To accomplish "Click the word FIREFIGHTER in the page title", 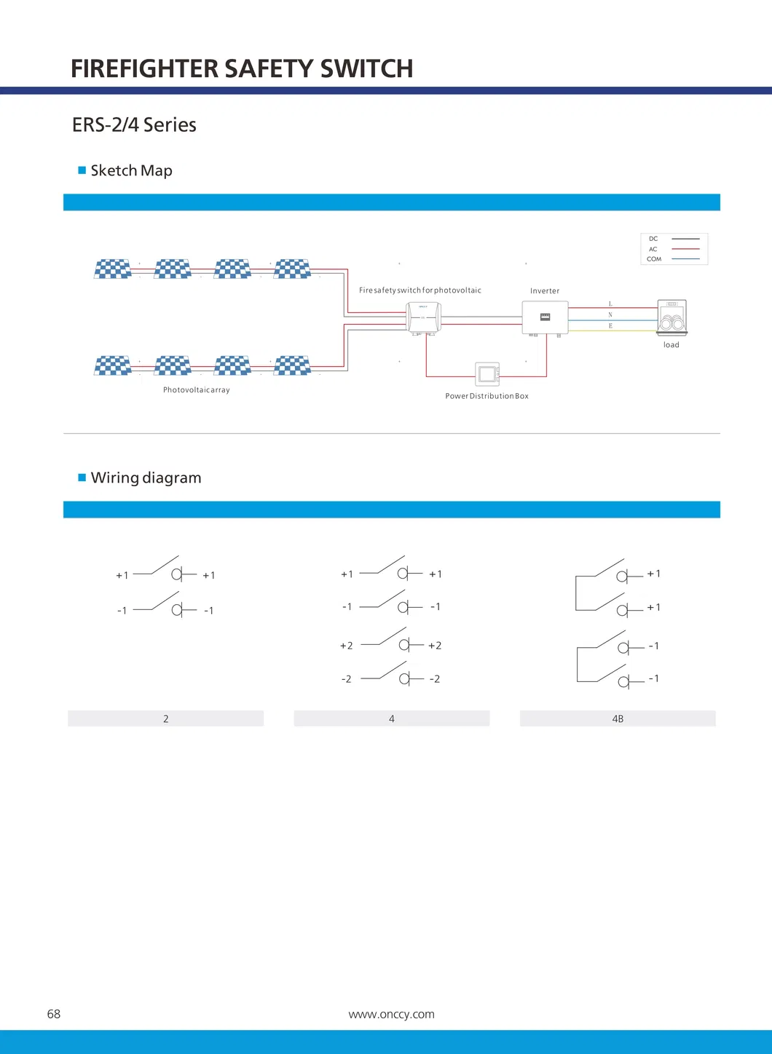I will [x=144, y=68].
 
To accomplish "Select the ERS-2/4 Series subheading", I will [x=134, y=125].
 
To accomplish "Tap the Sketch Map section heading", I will [x=131, y=170].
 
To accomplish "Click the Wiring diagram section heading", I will [x=146, y=478].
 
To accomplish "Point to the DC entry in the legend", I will [x=653, y=239].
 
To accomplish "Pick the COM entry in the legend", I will [x=654, y=259].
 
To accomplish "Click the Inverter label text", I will [x=545, y=291].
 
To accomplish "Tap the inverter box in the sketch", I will [x=545, y=317].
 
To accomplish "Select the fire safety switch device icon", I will [x=423, y=317].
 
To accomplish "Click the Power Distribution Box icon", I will [x=487, y=374].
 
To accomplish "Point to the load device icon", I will [x=671, y=318].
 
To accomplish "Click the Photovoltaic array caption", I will [x=196, y=390].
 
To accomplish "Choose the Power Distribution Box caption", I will [x=487, y=396].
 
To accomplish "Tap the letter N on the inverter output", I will [x=610, y=315].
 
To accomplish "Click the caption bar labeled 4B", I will [x=618, y=718].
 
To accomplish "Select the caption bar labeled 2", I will [x=165, y=718].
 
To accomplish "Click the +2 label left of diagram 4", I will [x=346, y=646].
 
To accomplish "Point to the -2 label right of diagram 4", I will [x=435, y=679].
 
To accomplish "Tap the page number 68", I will [x=54, y=1014].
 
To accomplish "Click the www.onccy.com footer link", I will [x=391, y=1014].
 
